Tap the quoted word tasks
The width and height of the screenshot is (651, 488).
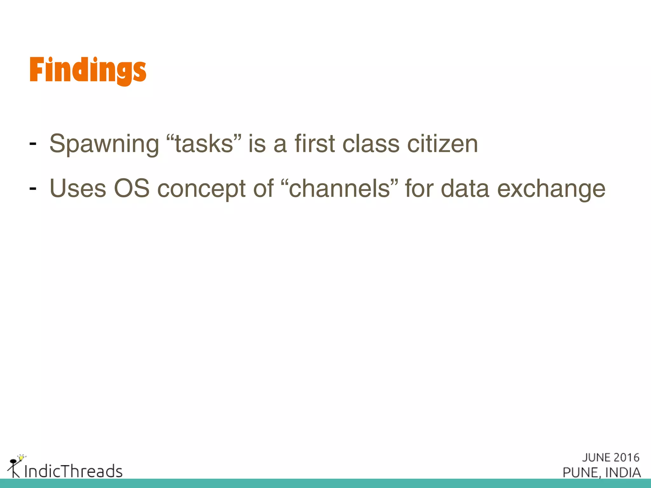coord(204,144)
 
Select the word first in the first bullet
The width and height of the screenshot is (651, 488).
coord(315,144)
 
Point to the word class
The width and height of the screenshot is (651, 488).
coord(371,144)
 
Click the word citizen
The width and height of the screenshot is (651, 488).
coord(442,144)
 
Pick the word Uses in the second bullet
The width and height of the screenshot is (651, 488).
coord(78,189)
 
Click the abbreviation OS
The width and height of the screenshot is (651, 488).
coord(132,189)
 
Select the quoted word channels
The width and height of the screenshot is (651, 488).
coord(339,188)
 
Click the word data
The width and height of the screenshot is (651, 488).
coord(465,189)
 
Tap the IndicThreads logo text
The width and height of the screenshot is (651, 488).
coord(73,471)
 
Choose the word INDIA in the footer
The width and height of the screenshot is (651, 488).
coord(623,472)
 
